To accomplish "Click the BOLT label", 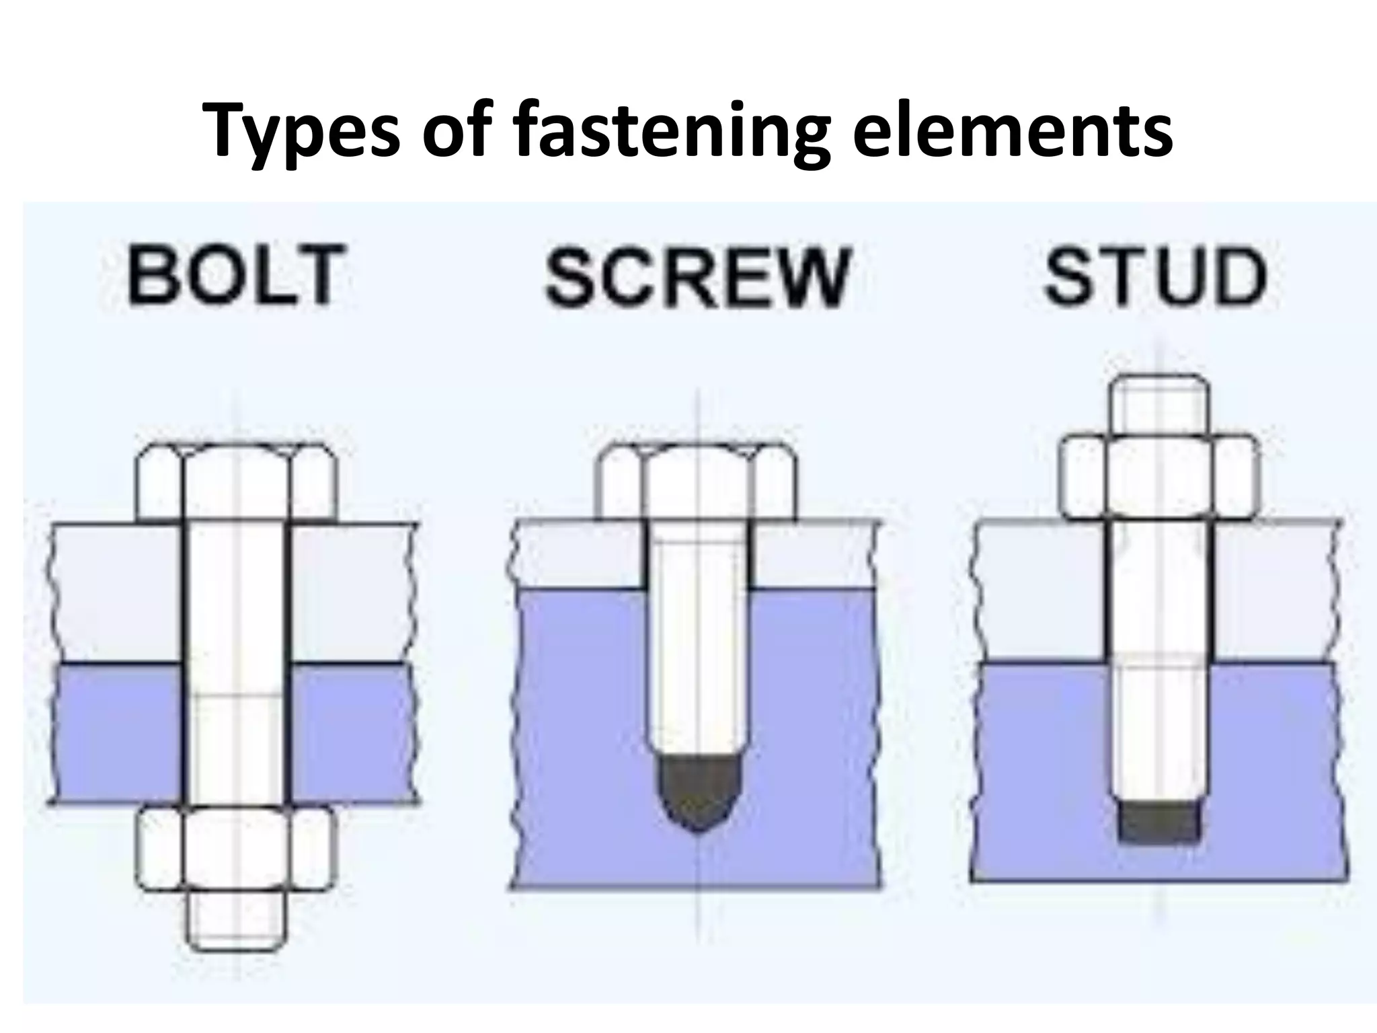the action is click(x=235, y=275).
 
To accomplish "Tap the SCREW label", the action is click(x=697, y=276).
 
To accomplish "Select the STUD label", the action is click(x=1155, y=276).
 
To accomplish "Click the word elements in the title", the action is click(x=1013, y=131).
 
